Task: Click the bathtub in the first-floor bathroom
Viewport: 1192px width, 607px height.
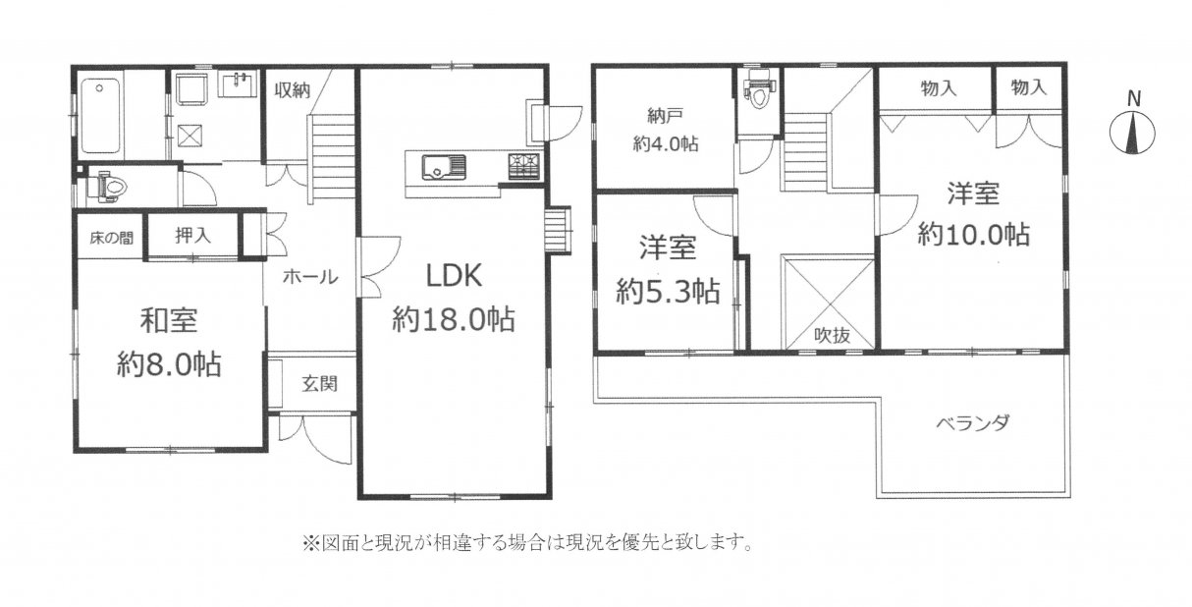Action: pos(100,116)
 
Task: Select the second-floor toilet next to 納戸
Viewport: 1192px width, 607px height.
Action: pos(759,90)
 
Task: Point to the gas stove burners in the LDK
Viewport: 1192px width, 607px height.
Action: pos(523,165)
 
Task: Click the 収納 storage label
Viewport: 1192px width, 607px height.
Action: pos(293,90)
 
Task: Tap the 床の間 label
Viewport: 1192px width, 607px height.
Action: pos(111,238)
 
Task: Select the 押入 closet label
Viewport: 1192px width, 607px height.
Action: pos(193,235)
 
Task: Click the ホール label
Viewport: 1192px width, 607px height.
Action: pos(310,276)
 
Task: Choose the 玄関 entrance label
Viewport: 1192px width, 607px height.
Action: pos(319,383)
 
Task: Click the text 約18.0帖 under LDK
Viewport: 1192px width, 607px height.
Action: pos(454,320)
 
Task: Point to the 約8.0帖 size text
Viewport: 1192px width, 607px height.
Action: pos(169,364)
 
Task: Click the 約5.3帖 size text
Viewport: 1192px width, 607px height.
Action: pos(668,292)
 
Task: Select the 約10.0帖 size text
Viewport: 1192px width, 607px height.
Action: pos(973,235)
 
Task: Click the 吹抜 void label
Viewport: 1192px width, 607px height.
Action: pos(832,336)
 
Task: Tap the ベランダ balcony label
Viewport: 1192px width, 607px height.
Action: pos(972,424)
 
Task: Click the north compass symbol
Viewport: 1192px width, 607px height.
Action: pos(1132,127)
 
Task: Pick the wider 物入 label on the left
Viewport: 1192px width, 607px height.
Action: pos(939,88)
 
